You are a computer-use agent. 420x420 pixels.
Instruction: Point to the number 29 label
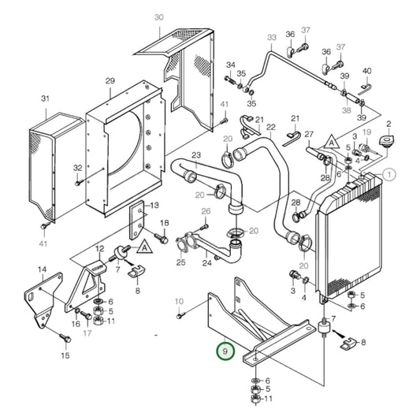tap(110, 81)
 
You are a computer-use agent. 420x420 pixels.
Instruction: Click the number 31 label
tap(45, 98)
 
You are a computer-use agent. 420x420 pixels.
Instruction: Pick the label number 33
tap(272, 37)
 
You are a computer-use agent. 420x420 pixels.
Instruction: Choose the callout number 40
tap(366, 71)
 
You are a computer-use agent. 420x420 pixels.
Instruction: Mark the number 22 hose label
tap(270, 128)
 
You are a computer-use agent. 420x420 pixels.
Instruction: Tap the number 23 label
tap(196, 155)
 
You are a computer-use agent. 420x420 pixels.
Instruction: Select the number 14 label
tap(43, 270)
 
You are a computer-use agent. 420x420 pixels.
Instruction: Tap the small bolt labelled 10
tap(180, 314)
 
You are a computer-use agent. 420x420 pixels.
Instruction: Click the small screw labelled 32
tap(78, 182)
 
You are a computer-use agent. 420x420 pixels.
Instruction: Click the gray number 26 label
tap(206, 211)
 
